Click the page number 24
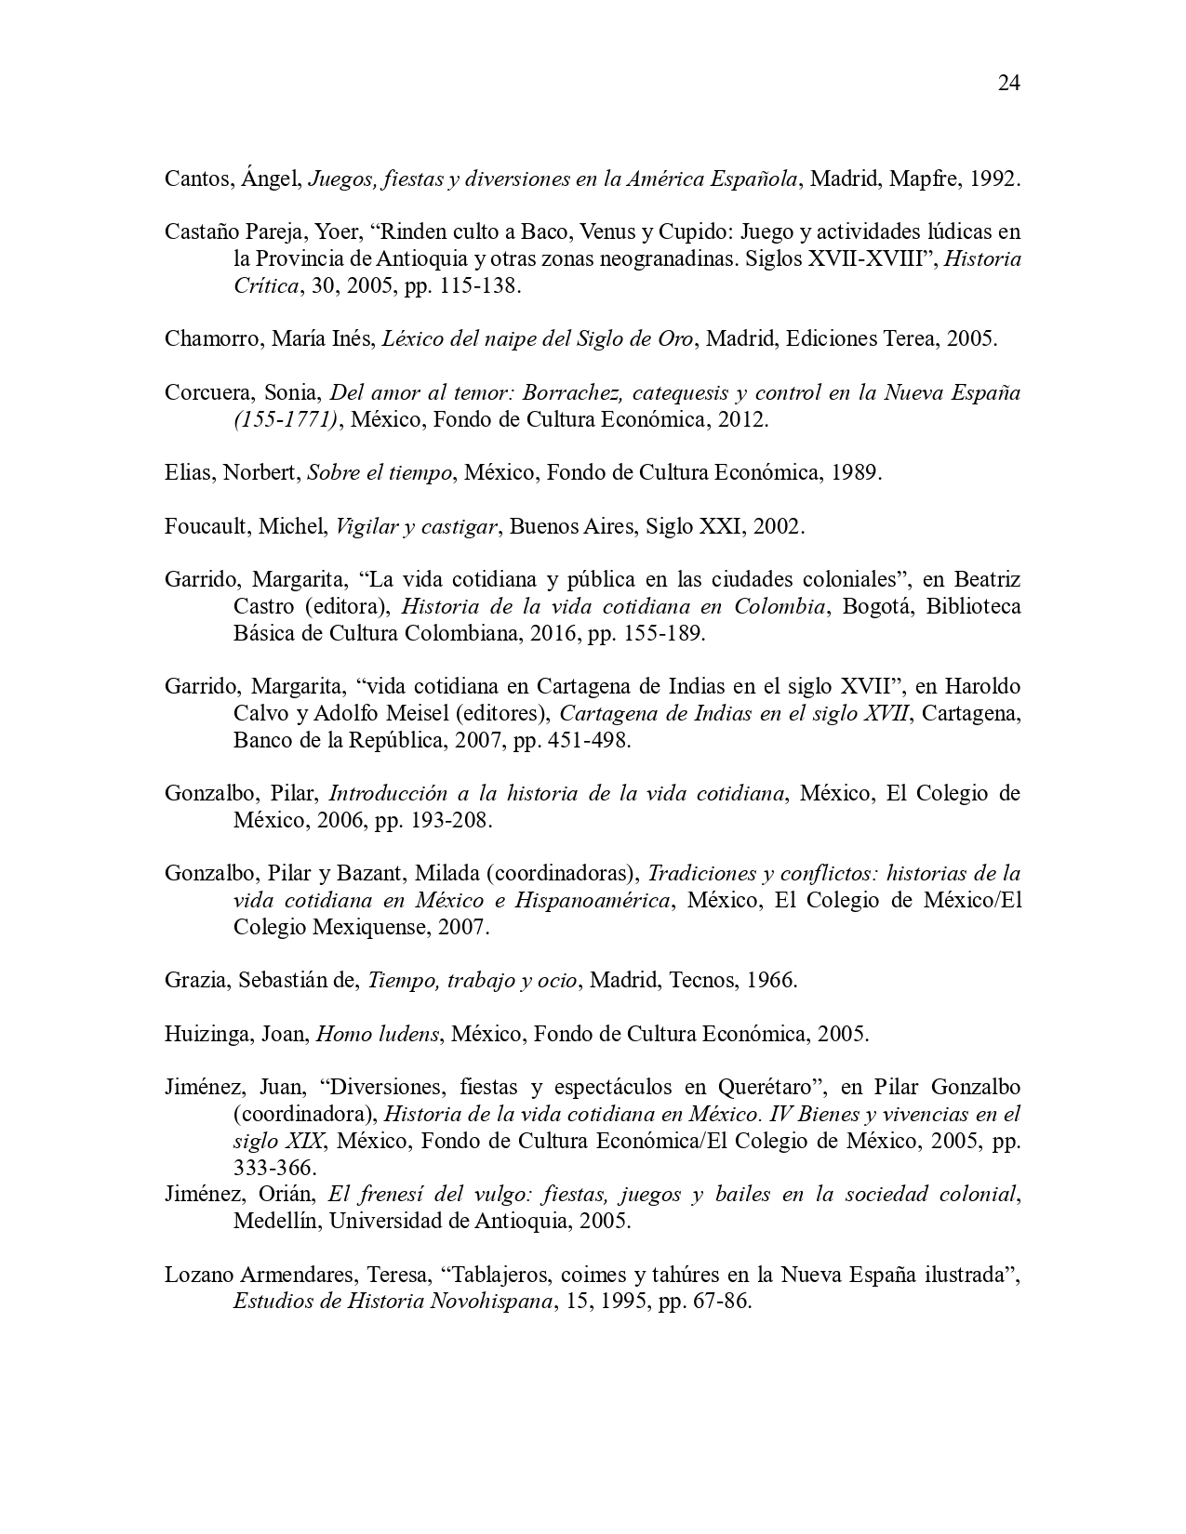pos(1009,84)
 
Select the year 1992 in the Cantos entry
pos(993,179)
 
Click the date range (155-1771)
pos(285,419)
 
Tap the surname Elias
pos(189,472)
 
